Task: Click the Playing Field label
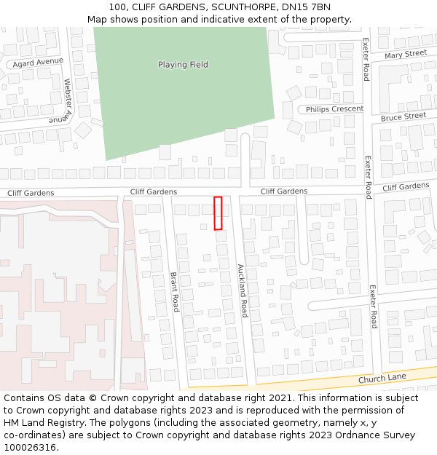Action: [x=183, y=65]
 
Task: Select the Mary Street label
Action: [x=406, y=55]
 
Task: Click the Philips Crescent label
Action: [x=334, y=109]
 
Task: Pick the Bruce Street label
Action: [x=403, y=116]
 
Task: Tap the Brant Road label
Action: [x=174, y=292]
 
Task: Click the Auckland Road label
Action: [x=243, y=290]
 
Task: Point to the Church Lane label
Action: [x=382, y=379]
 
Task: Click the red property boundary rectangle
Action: [x=218, y=213]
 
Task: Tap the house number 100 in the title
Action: [x=117, y=7]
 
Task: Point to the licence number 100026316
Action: [x=30, y=448]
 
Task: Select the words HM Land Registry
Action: [x=43, y=423]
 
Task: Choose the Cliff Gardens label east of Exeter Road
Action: [x=406, y=187]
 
